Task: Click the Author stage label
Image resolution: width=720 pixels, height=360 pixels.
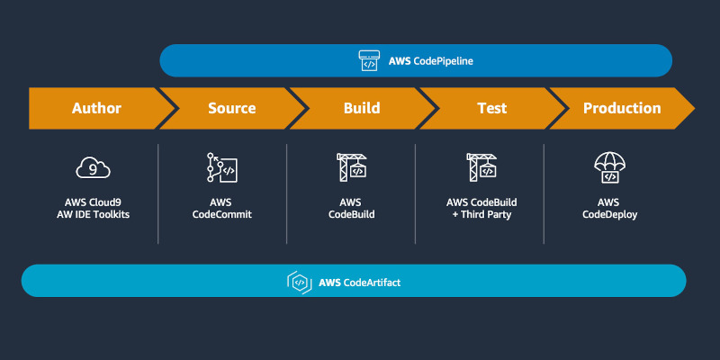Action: coord(96,108)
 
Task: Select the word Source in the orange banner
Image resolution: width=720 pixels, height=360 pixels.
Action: coord(231,108)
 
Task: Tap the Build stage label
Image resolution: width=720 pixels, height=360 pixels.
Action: coord(362,108)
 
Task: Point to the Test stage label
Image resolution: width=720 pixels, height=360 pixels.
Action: coord(491,108)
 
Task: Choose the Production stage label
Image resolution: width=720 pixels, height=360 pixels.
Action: coord(622,108)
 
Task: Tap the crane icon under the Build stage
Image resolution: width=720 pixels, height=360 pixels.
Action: coord(351,166)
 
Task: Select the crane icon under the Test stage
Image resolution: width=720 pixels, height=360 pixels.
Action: coord(481,166)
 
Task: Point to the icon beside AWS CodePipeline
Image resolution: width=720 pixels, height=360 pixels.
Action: coord(367,61)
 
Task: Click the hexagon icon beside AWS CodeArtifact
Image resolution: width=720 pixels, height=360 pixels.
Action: coord(299,282)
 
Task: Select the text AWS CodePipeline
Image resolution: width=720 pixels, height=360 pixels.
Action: coord(430,61)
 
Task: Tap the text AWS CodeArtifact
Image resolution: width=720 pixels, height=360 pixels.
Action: coord(360,282)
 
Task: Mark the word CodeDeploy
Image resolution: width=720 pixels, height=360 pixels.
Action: coord(611,215)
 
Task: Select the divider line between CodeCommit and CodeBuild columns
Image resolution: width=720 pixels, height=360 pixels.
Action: coord(287,193)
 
